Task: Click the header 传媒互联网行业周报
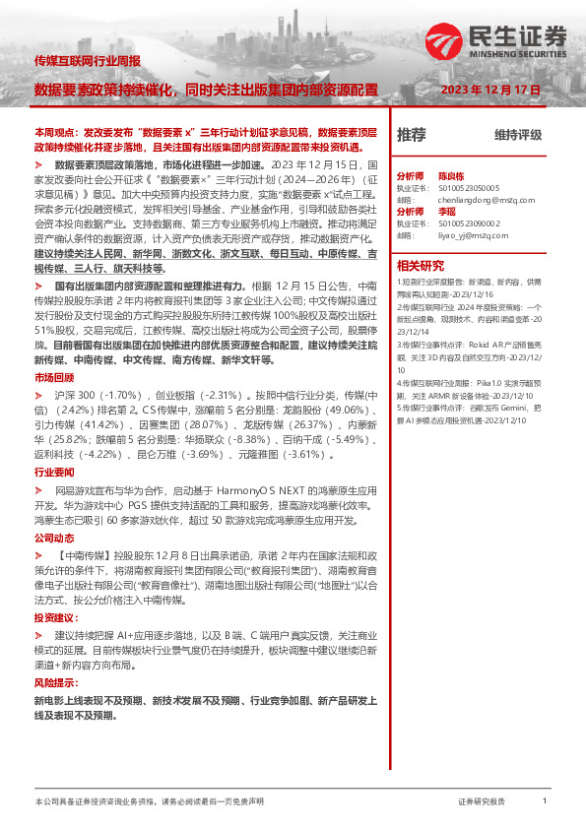pos(87,62)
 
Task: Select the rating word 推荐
pos(411,135)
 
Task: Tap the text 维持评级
pos(518,135)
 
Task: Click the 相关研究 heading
pos(421,265)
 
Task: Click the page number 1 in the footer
pos(545,802)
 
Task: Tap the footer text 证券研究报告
pos(482,802)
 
